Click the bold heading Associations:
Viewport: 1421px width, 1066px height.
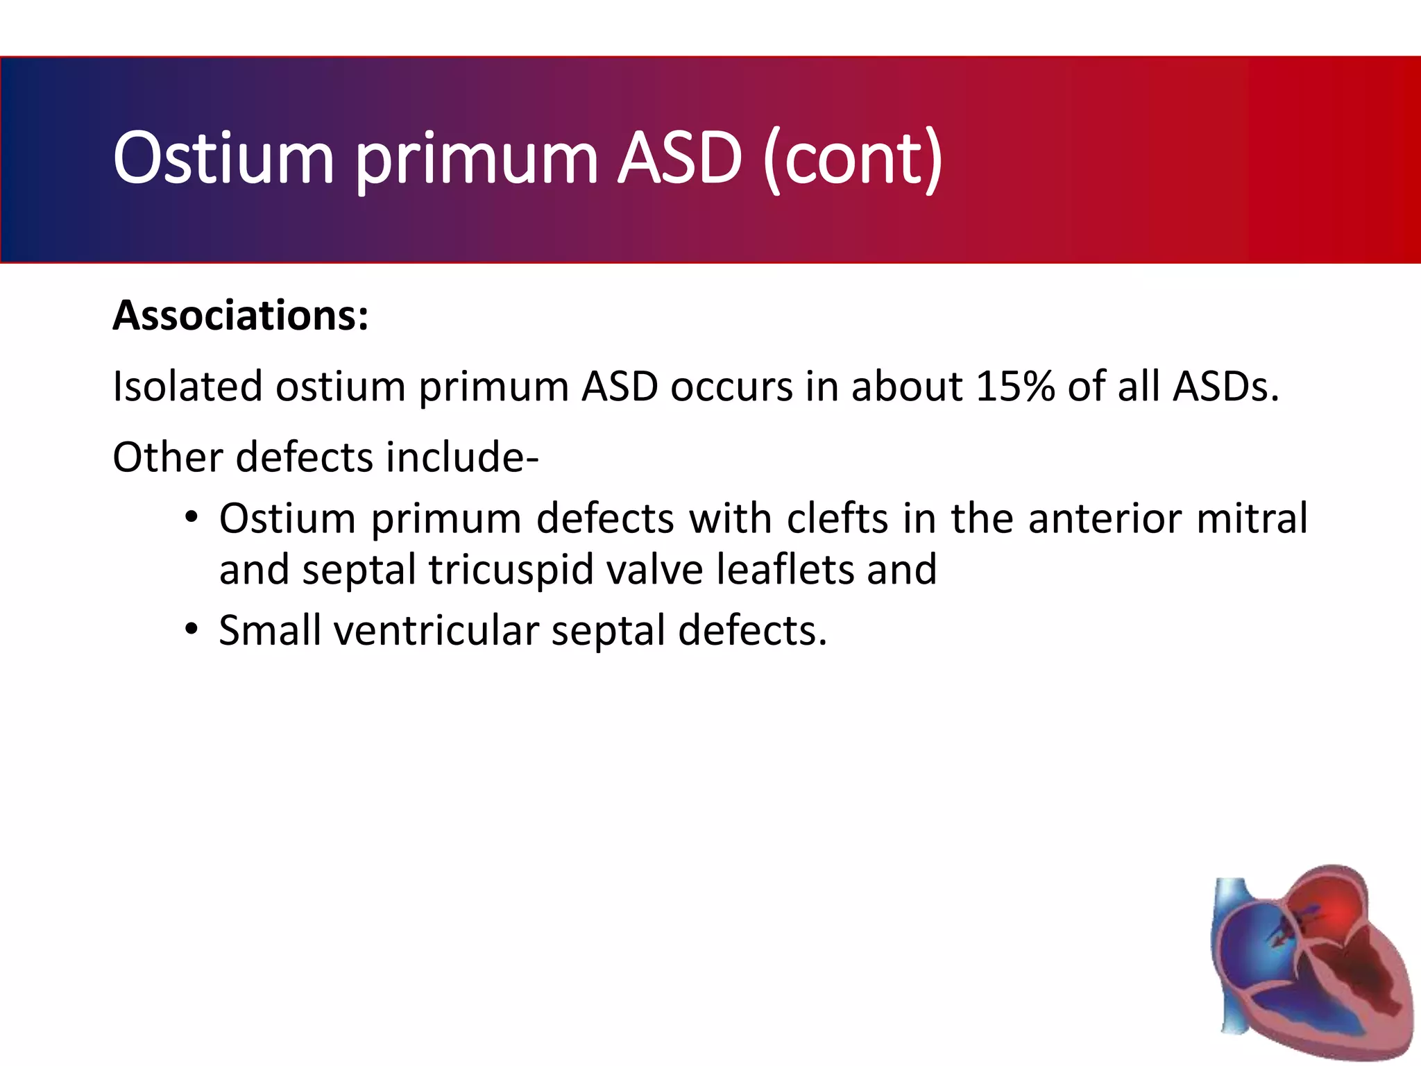241,316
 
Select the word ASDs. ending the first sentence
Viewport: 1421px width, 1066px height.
1225,387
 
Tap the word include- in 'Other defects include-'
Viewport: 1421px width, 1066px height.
462,458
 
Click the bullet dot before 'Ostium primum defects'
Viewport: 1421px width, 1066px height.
192,518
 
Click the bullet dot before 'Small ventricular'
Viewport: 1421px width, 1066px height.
192,630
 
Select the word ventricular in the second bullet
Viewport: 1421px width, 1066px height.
436,631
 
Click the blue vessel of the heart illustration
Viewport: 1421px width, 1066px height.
1232,902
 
